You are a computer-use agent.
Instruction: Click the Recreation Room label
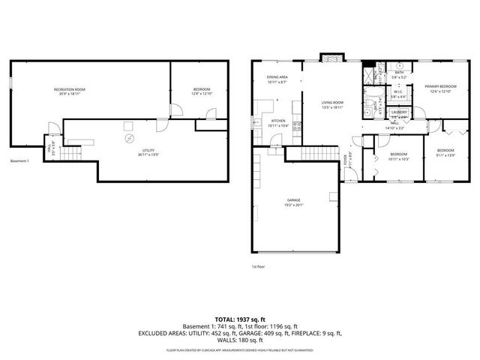(x=69, y=90)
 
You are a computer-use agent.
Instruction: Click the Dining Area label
(x=277, y=77)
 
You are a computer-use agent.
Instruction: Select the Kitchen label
(x=278, y=121)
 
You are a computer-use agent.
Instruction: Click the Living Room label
(x=332, y=103)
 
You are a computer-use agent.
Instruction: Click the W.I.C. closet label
(x=398, y=94)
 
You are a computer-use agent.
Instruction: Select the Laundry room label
(x=398, y=112)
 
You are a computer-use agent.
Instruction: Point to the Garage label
(x=293, y=199)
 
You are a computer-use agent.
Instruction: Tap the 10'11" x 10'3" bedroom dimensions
(x=397, y=158)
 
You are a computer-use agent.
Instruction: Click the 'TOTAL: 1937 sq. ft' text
(x=239, y=319)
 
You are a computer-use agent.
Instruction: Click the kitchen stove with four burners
(x=297, y=125)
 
